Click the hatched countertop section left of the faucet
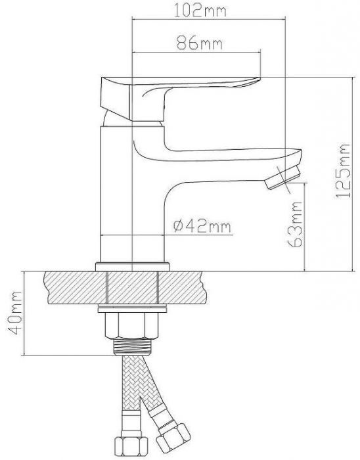pos(72,287)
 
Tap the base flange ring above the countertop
pos(133,266)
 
